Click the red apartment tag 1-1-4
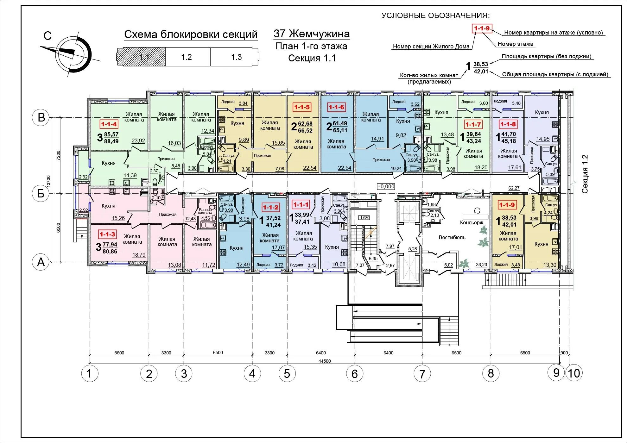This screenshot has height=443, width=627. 109,124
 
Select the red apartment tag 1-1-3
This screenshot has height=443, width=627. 107,234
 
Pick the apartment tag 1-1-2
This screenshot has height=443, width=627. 270,208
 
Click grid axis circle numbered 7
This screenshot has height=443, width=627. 422,374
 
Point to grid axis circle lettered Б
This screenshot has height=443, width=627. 41,193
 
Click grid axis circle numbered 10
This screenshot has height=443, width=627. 574,373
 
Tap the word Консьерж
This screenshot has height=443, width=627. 472,223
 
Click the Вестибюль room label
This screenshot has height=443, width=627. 452,238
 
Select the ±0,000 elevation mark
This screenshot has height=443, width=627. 386,186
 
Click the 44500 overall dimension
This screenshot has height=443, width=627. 325,361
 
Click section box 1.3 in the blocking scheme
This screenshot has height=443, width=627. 236,57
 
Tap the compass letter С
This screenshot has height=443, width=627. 47,36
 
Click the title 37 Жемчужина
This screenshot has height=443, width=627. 312,34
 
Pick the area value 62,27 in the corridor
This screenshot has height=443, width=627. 514,188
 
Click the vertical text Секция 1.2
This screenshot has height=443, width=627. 585,174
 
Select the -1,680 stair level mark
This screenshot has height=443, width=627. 364,218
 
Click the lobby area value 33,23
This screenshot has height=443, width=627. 481,265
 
